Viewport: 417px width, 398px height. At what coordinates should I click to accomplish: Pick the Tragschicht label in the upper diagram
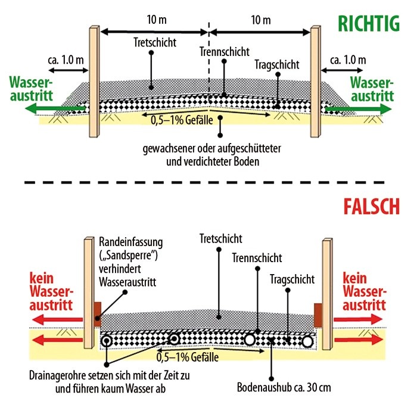tap(276, 64)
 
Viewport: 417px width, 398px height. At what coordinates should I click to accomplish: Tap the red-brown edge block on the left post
tap(97, 312)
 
